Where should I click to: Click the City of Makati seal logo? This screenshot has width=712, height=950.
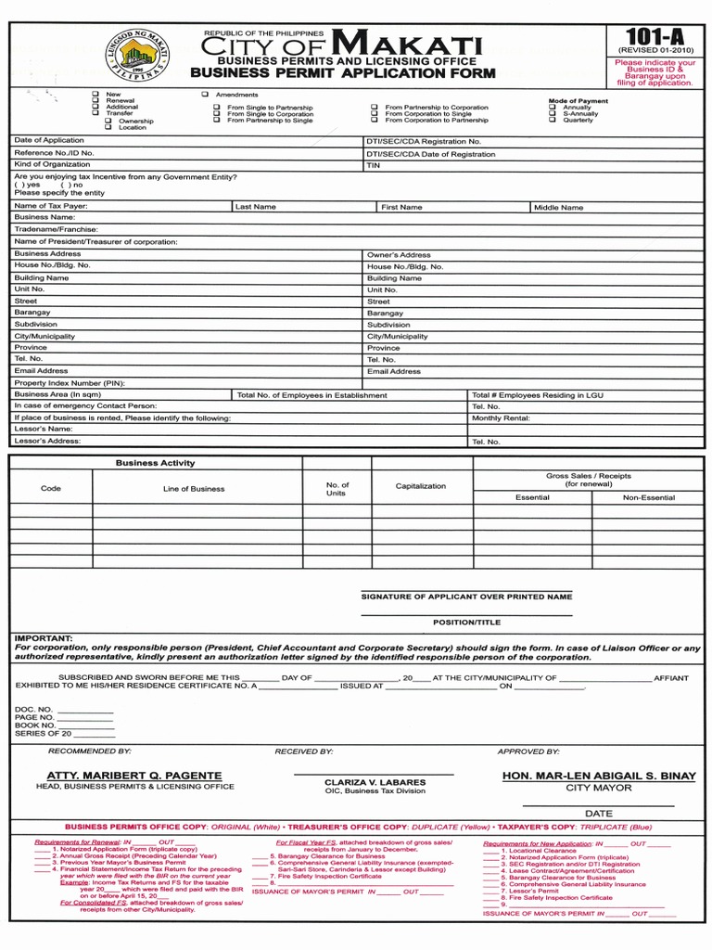point(137,58)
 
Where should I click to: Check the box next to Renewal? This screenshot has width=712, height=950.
point(95,101)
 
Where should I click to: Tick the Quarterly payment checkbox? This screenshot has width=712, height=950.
point(553,120)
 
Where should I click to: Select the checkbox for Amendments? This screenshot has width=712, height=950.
point(205,95)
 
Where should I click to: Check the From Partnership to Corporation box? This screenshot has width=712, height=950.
point(375,108)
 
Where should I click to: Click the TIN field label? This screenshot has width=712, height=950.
point(374,165)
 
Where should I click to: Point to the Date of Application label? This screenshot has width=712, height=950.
point(48,140)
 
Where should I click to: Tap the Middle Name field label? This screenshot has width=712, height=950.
point(558,208)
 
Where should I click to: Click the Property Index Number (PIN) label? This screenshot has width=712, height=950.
point(69,382)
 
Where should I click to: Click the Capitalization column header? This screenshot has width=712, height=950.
point(420,486)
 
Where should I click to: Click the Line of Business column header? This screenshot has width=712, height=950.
point(194,488)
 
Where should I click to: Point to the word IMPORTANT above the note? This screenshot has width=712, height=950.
point(43,638)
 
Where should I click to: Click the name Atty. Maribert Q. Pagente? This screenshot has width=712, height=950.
point(134,776)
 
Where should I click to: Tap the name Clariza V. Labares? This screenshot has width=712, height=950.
point(375,783)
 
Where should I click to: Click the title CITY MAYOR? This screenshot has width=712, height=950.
point(599,788)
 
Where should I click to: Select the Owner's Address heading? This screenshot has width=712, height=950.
point(399,254)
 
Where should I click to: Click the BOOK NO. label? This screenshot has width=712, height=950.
point(35,725)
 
